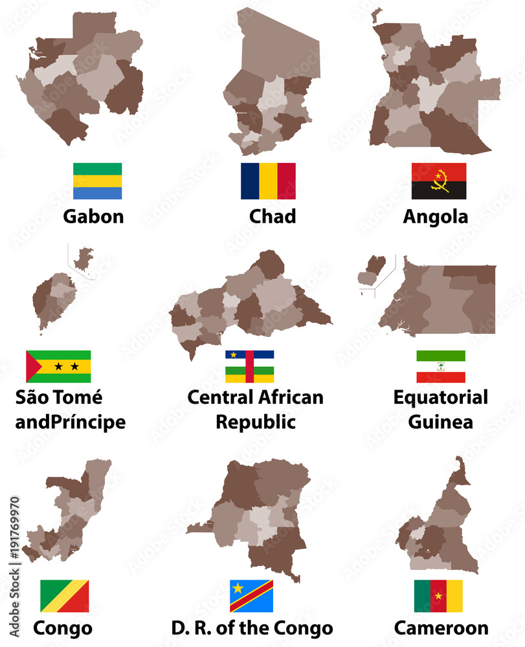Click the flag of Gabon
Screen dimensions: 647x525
[97, 181]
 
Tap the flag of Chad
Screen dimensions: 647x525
[268, 181]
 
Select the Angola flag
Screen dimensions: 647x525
[439, 181]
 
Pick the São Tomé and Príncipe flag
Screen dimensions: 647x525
[58, 366]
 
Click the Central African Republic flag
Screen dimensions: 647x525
[249, 366]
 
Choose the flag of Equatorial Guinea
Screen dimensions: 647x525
[440, 366]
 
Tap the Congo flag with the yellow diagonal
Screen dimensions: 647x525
[64, 595]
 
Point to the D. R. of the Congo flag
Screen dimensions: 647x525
[251, 595]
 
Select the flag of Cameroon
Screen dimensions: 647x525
[438, 595]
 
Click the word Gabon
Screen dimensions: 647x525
[93, 216]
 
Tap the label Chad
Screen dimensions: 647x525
[272, 216]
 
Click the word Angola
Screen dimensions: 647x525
[435, 216]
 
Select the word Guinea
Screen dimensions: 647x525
[440, 421]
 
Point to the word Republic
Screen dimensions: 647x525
[255, 421]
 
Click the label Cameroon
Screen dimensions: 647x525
[441, 628]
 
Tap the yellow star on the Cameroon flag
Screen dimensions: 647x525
[438, 595]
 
